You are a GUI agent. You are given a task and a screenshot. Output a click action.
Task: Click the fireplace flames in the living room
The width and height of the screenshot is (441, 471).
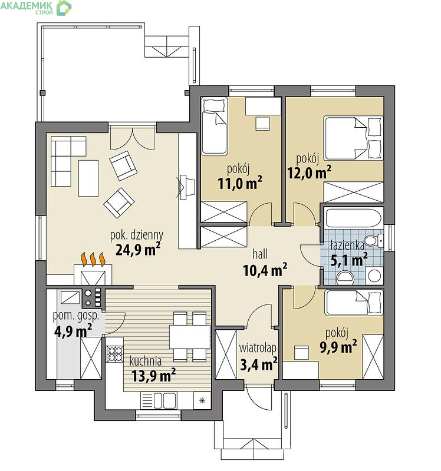pyautogui.click(x=93, y=260)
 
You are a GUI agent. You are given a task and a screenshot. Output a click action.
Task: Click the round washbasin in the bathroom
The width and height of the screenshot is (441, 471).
pyautogui.click(x=374, y=276)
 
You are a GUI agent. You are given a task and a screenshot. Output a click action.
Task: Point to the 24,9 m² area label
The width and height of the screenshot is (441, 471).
pyautogui.click(x=138, y=248)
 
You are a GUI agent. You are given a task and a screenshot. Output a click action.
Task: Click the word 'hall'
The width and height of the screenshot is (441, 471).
pyautogui.click(x=260, y=254)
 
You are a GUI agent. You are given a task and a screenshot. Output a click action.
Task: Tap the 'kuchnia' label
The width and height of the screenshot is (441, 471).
pyautogui.click(x=145, y=361)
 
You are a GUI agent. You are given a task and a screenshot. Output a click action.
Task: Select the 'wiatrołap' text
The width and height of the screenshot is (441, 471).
pyautogui.click(x=258, y=348)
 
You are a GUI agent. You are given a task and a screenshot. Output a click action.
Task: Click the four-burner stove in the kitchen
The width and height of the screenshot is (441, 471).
pyautogui.click(x=114, y=353)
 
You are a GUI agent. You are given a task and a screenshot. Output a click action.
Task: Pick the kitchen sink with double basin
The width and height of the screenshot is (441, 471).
pyautogui.click(x=159, y=400)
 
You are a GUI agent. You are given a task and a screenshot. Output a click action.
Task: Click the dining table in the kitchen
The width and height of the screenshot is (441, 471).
pyautogui.click(x=189, y=336)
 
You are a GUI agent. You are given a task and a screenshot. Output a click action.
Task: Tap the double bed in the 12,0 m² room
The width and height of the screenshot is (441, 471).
pyautogui.click(x=353, y=138)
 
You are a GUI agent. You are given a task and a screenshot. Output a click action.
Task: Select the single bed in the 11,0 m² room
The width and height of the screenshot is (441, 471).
pyautogui.click(x=214, y=126)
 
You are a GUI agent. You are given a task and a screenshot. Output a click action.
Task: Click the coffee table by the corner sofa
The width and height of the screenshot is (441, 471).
pyautogui.click(x=88, y=178)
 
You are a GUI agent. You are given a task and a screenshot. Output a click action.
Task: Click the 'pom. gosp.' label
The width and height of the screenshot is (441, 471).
pyautogui.click(x=76, y=316)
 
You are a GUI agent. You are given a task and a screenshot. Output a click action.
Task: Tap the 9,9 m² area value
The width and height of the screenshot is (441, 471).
pyautogui.click(x=338, y=347)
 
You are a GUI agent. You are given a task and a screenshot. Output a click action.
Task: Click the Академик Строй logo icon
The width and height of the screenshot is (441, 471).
pyautogui.click(x=64, y=8)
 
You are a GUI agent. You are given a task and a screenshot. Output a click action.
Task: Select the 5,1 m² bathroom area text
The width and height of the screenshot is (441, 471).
pyautogui.click(x=349, y=260)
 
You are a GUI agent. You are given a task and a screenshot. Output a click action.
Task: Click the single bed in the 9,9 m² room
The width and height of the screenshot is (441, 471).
pyautogui.click(x=354, y=302)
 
